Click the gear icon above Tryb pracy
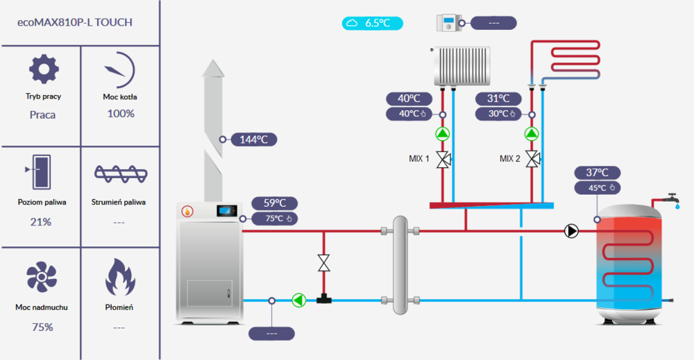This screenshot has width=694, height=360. point(44,70)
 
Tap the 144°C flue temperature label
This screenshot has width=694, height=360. point(254,139)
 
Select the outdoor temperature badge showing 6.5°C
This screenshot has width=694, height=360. point(373,23)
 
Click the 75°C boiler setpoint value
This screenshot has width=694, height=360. point(276,218)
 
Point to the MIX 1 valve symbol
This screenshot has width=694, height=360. point(443,159)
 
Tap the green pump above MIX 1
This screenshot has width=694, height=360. point(443,134)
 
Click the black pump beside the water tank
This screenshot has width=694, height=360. point(571,231)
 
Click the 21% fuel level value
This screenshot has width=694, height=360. point(41,222)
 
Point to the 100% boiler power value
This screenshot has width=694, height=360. point(121,113)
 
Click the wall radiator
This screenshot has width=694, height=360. point(461,66)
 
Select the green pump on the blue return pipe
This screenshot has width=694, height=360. point(299,300)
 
